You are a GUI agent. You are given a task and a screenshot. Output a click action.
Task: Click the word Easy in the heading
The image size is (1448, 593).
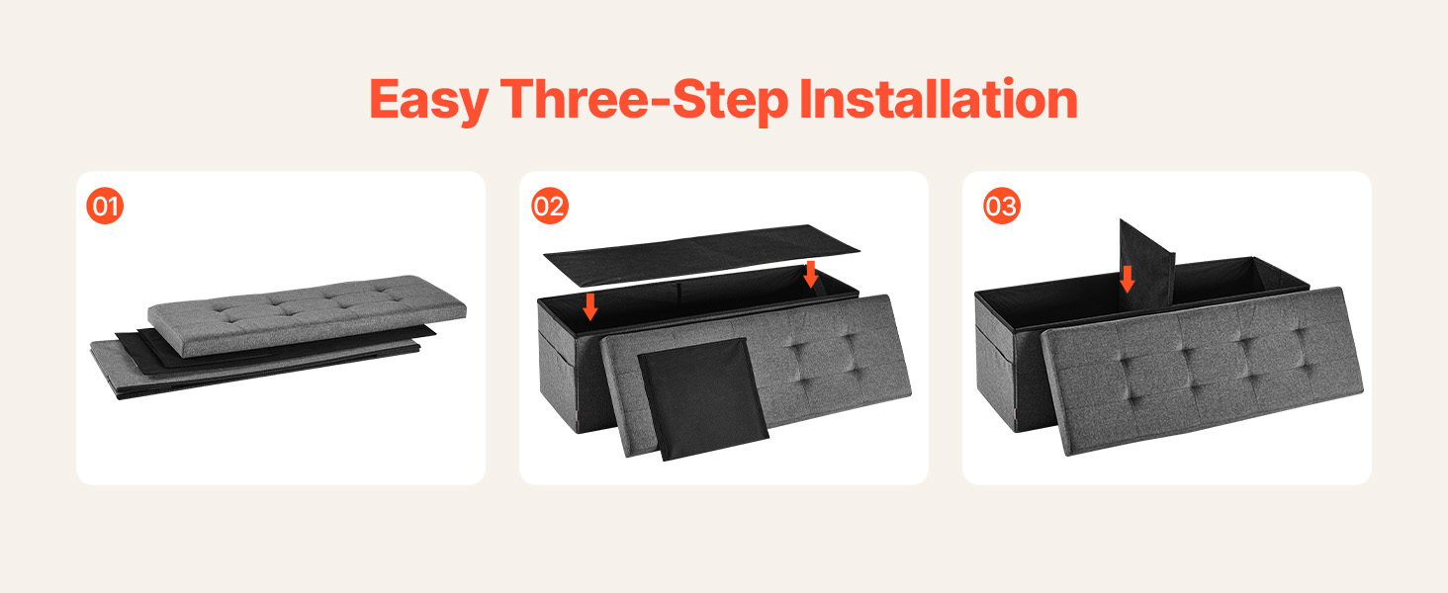coord(428,100)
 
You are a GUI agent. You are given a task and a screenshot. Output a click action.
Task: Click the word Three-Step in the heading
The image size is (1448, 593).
coord(645,100)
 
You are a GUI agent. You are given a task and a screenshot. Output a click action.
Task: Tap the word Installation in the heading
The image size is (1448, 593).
coord(939,99)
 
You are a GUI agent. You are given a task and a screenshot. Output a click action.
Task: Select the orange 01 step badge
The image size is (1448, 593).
coord(105,206)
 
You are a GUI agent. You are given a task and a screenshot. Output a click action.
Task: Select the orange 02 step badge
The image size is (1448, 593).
coord(550,206)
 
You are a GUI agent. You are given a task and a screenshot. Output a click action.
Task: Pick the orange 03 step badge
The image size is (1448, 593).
coord(1001,206)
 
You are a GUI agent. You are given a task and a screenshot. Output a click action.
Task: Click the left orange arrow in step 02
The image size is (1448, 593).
coord(589,306)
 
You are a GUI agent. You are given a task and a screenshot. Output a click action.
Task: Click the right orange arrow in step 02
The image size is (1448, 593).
coord(811,275)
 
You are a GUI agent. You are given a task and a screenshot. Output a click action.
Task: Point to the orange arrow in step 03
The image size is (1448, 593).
coord(1127,279)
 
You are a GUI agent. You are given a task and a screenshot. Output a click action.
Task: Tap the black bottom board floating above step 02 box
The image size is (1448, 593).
coord(701,254)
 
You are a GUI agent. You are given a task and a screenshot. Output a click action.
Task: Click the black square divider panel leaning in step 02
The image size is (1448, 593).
coord(703,399)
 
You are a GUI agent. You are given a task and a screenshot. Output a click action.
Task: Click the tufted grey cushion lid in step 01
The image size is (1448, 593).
coord(307,315)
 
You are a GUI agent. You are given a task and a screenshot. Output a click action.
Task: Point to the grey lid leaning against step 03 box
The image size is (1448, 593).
coord(1203,371)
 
